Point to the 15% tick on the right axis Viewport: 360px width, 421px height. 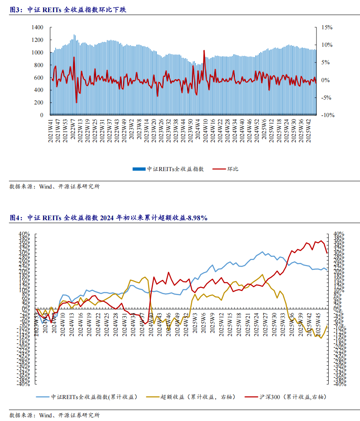tap(327, 27)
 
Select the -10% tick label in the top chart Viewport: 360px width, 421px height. tap(327, 115)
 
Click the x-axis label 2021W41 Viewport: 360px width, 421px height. tap(51, 130)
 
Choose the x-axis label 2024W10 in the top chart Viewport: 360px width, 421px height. tap(206, 130)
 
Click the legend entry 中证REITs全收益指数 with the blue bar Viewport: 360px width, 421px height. tap(168, 169)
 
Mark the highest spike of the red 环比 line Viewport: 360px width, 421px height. tap(204, 50)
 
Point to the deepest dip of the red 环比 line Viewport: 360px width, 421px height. tap(76, 102)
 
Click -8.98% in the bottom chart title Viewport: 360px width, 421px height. tap(196, 218)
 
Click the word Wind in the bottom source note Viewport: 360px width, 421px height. tap(46, 415)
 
